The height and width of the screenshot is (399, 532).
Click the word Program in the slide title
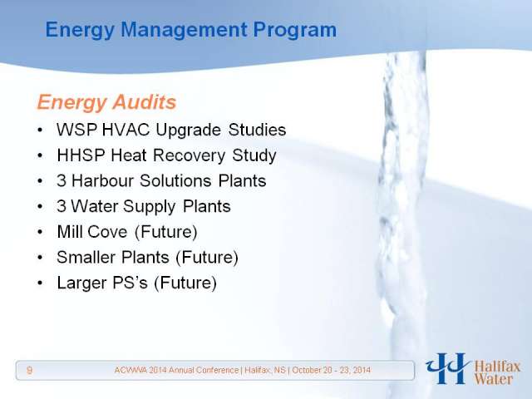[295, 31]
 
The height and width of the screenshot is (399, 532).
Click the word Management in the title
[184, 31]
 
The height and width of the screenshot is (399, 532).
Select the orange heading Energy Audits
[106, 102]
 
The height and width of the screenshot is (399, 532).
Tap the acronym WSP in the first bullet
[77, 130]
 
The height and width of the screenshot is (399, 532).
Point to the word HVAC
[126, 130]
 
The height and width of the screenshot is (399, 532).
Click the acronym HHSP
[81, 155]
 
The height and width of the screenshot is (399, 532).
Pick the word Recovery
[189, 155]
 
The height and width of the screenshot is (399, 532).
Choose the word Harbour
[102, 180]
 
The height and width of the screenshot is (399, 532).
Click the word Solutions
[175, 180]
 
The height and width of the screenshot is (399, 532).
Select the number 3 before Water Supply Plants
[62, 206]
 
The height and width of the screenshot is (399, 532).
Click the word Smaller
[86, 257]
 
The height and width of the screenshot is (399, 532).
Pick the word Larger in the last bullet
[79, 283]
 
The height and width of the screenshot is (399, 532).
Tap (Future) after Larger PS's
[185, 283]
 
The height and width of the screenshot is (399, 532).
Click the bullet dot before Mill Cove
[40, 232]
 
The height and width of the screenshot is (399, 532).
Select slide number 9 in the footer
[30, 370]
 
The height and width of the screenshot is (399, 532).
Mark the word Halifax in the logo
[497, 367]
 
